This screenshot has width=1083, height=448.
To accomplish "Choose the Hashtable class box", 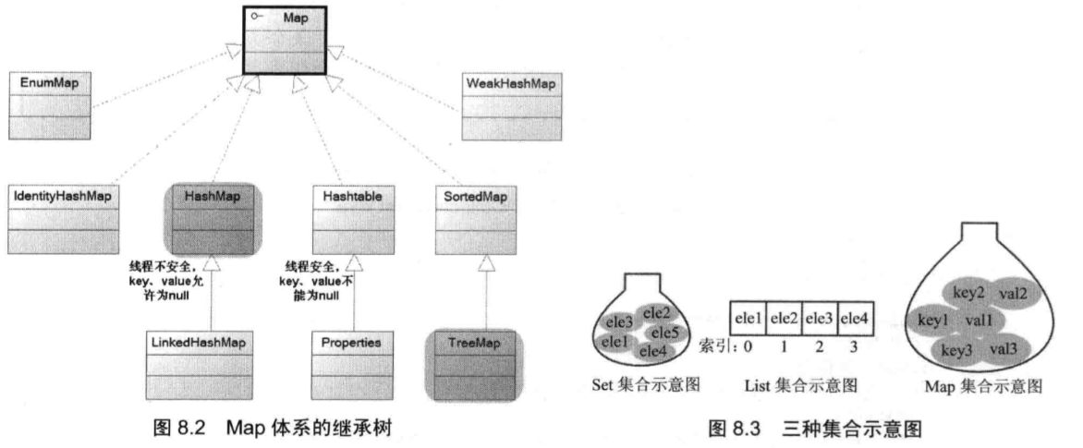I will tap(351, 218).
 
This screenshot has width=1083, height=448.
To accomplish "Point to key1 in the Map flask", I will tap(933, 321).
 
